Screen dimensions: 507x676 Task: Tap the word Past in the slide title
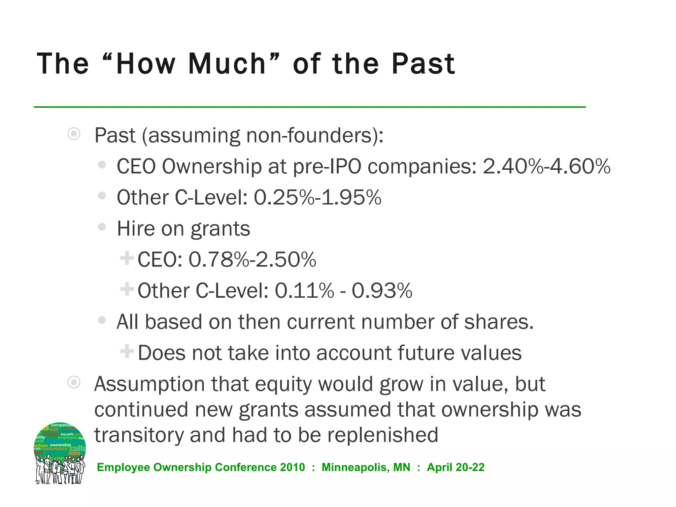423,64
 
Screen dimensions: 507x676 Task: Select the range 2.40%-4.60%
547,166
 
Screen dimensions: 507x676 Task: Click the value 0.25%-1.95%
318,197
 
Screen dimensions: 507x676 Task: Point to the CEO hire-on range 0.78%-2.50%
253,259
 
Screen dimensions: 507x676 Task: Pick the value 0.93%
382,291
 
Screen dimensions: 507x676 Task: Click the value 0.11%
304,291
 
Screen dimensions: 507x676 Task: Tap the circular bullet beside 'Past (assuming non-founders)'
74,134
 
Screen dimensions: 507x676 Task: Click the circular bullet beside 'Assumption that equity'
74,383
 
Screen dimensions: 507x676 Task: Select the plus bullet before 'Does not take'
127,351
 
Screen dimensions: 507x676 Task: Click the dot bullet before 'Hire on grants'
102,227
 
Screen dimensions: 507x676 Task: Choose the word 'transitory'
139,435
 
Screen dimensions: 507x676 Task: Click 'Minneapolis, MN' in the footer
366,467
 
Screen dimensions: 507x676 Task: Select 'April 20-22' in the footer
456,467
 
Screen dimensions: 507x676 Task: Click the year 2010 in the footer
292,467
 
